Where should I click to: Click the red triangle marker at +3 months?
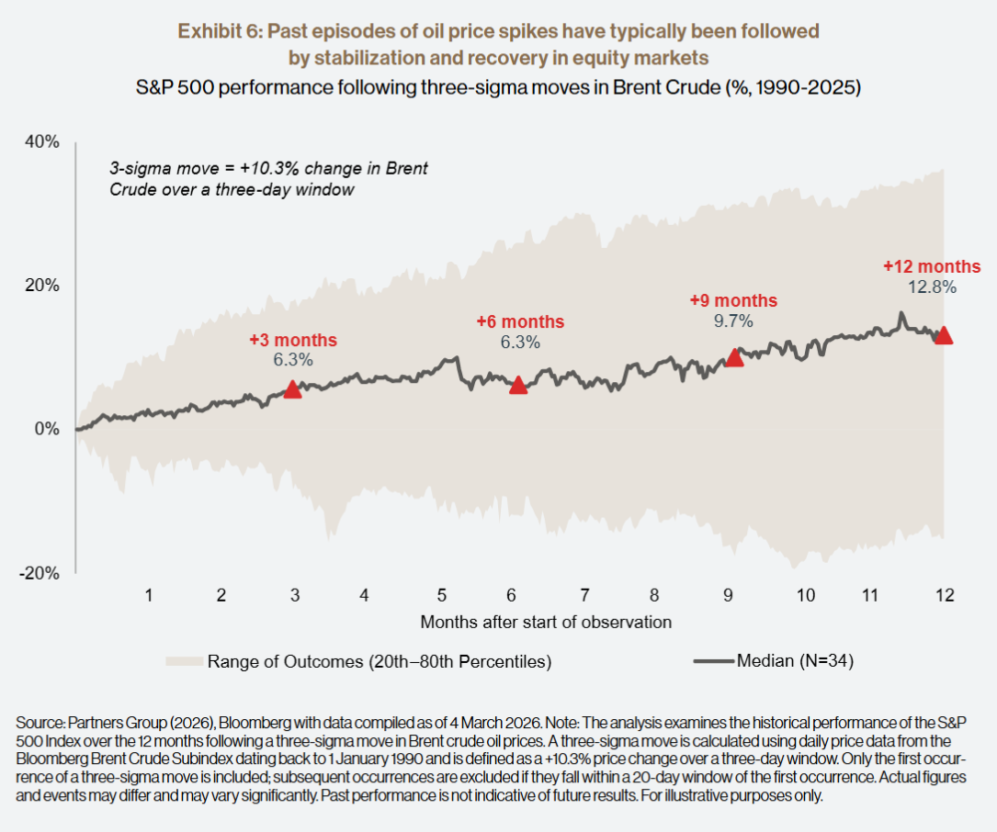pos(292,389)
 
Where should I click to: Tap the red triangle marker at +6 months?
pos(518,385)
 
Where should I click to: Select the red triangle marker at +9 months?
pos(734,357)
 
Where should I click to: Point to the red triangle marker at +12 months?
pos(943,335)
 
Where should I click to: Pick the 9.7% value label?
pos(733,320)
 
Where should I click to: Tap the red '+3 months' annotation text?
pos(293,341)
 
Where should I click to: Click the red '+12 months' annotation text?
pos(933,266)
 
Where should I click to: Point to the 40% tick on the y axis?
pos(43,142)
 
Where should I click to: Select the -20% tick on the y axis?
pos(41,573)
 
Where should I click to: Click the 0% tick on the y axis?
pos(47,429)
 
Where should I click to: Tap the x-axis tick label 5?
pos(443,595)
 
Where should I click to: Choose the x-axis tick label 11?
pos(870,595)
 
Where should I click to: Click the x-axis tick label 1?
pos(148,595)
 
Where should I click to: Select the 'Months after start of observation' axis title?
pos(546,622)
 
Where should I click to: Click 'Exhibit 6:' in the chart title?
pos(218,32)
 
